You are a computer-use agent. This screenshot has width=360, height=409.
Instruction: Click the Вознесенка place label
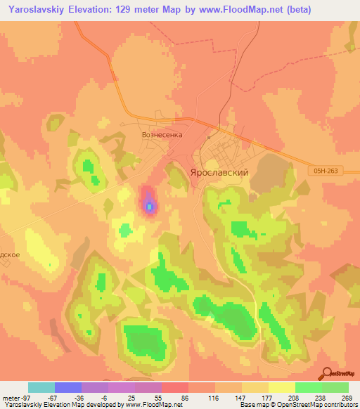click(x=162, y=134)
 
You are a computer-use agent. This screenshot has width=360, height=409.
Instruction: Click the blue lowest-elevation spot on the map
click(x=149, y=206)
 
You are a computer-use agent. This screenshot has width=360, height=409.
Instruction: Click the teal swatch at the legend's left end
click(x=41, y=387)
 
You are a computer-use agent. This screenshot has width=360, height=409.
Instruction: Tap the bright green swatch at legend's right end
click(x=335, y=387)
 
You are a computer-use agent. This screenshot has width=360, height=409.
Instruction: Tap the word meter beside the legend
click(x=11, y=397)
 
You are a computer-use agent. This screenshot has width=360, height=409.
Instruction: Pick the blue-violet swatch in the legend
click(x=68, y=387)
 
